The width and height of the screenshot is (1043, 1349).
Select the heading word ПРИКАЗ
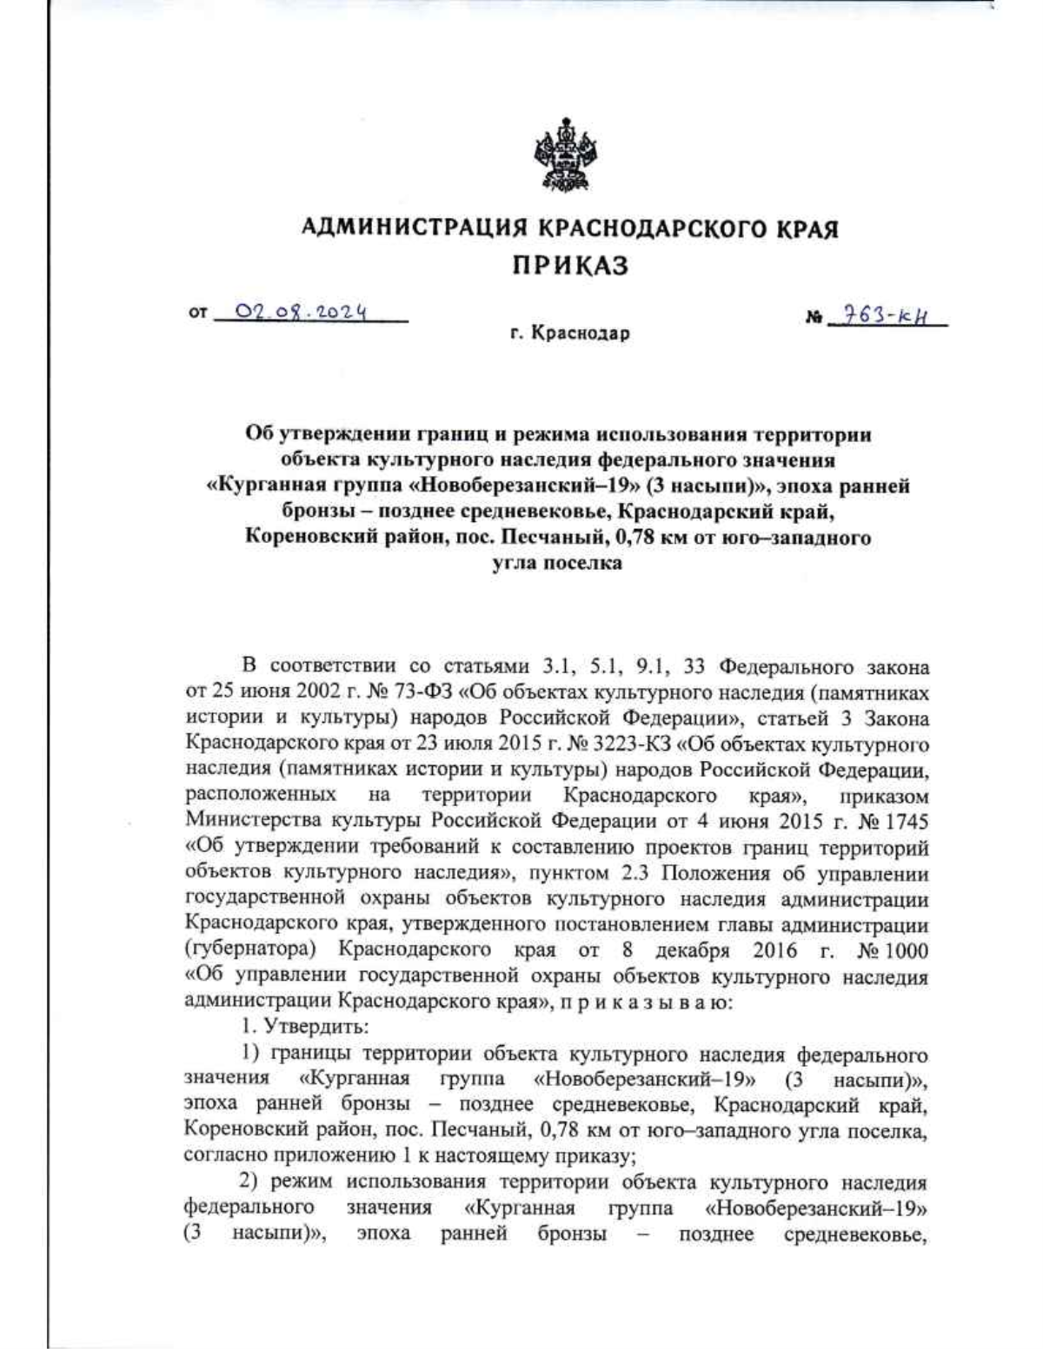[568, 266]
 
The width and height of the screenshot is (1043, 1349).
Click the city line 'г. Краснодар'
[569, 333]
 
